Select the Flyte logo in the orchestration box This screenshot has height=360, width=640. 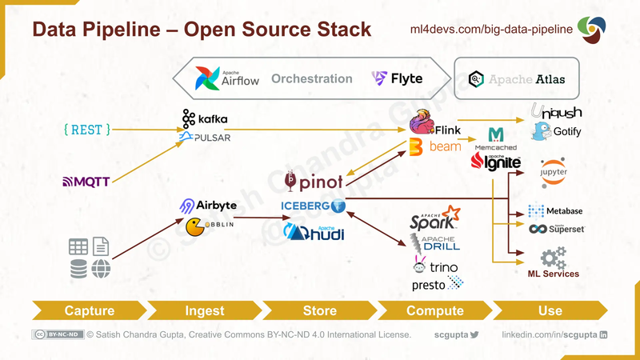[397, 78]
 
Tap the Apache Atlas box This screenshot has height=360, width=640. [516, 78]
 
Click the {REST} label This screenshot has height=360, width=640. [86, 128]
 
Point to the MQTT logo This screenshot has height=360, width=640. [86, 182]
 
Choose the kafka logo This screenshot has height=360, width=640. [205, 119]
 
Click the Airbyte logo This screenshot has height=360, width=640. [208, 206]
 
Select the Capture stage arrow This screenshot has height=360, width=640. [88, 310]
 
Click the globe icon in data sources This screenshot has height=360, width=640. [101, 270]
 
